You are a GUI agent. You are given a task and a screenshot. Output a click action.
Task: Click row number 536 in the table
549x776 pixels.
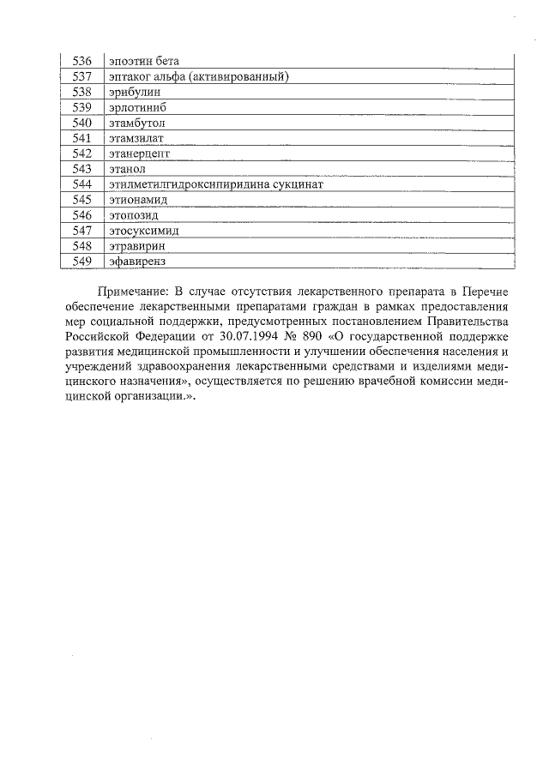(x=82, y=61)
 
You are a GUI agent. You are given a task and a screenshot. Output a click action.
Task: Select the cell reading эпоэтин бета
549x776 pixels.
(x=142, y=61)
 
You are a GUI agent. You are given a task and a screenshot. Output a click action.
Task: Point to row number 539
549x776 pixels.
(x=82, y=107)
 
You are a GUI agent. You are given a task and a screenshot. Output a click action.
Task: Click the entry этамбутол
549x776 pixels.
(x=136, y=123)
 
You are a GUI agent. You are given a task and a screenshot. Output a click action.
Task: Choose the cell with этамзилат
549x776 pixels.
(x=136, y=138)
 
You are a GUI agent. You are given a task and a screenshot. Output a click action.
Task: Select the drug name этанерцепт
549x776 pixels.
(x=140, y=153)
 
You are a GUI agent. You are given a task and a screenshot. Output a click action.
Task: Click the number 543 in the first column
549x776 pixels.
(x=82, y=169)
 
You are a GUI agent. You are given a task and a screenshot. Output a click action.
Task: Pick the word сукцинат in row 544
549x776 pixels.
(x=298, y=184)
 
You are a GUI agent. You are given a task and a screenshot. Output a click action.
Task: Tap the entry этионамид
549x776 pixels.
(x=138, y=200)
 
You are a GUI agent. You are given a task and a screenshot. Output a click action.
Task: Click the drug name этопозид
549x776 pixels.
(x=135, y=215)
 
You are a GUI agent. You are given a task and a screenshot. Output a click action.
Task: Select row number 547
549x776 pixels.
(x=82, y=230)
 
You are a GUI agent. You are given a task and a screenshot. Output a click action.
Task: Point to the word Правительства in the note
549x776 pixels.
(x=465, y=322)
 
